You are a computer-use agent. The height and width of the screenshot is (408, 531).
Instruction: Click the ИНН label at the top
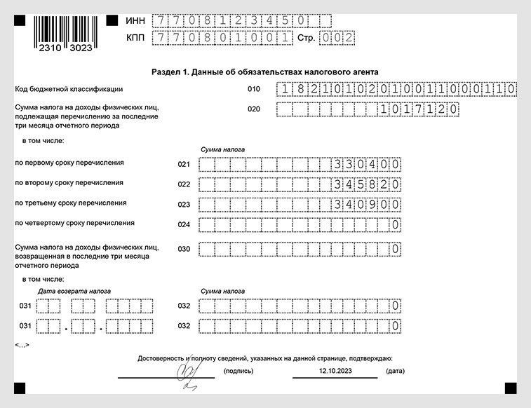[x=135, y=20]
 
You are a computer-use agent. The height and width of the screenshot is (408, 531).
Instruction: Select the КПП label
[x=135, y=38]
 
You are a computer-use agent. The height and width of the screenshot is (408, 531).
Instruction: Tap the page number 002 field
[x=336, y=38]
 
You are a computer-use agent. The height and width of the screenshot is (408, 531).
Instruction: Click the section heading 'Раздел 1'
[x=264, y=72]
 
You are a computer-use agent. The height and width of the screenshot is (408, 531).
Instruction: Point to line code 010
[x=253, y=90]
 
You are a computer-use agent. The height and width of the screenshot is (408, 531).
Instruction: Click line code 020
[x=253, y=109]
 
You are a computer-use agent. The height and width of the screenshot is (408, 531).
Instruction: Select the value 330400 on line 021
[x=368, y=165]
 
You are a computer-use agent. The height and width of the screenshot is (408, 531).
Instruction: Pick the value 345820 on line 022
[x=368, y=185]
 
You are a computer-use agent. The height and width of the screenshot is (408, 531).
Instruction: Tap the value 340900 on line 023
[x=368, y=205]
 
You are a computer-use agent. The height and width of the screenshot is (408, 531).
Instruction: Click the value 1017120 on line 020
[x=419, y=109]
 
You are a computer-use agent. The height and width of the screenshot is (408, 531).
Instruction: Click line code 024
[x=184, y=225]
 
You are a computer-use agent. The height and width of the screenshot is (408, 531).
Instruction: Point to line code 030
[x=184, y=249]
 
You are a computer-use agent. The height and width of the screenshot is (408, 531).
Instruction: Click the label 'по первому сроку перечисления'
[x=69, y=163]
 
